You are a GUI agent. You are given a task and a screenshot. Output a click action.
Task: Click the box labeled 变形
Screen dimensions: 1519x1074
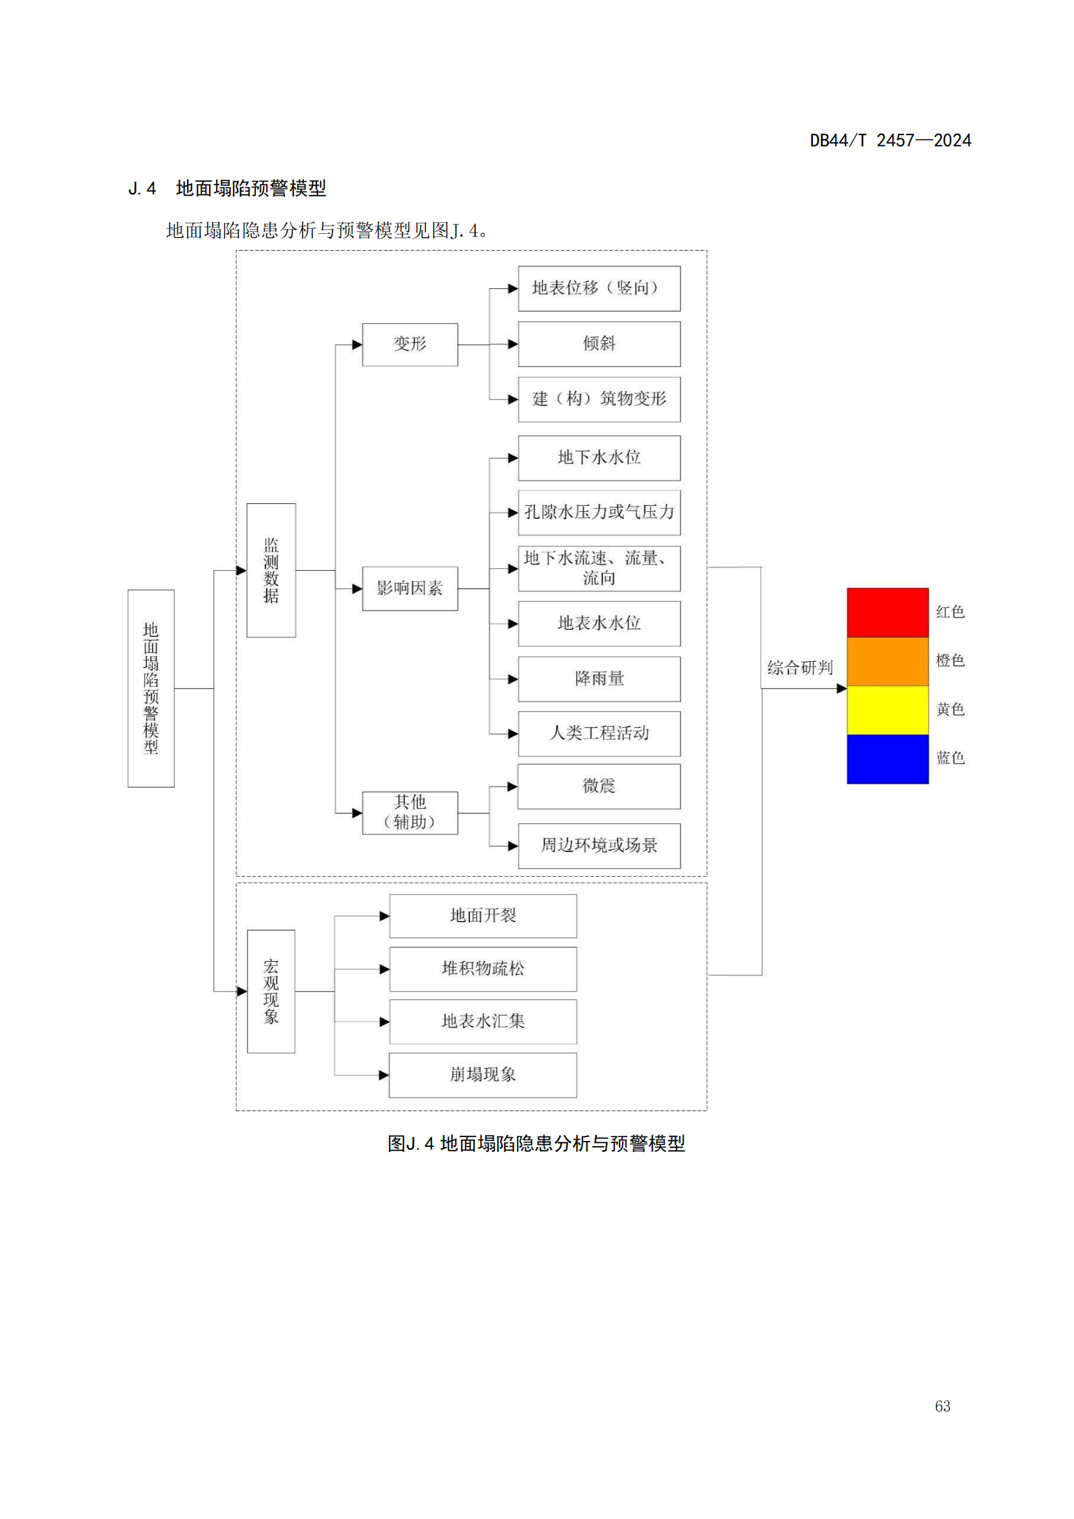click(409, 344)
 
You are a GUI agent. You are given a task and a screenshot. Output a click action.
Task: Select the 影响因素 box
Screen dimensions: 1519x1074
click(409, 588)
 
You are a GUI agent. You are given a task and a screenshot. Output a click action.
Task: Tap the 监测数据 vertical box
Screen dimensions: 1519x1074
click(271, 570)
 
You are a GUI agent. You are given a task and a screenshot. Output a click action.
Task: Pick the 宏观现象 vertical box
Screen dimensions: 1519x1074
click(271, 991)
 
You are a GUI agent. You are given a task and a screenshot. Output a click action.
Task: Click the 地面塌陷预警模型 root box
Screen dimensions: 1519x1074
click(151, 688)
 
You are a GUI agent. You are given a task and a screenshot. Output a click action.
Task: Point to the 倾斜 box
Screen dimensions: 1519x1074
click(599, 344)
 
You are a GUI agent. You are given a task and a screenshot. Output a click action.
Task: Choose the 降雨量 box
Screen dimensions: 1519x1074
click(599, 679)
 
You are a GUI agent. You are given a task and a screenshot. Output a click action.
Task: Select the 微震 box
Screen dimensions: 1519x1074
click(599, 786)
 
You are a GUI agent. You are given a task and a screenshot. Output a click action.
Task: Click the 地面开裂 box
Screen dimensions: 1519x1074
click(482, 916)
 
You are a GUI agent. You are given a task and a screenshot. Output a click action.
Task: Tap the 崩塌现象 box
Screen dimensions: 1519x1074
click(482, 1074)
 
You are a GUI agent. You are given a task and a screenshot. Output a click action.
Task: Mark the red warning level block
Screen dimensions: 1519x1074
click(888, 612)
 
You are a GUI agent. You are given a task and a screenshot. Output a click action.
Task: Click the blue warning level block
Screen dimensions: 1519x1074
click(888, 759)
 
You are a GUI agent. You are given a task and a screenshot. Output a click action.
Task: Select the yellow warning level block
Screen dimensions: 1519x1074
click(888, 710)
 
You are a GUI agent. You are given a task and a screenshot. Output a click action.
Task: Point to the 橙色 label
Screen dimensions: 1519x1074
click(950, 660)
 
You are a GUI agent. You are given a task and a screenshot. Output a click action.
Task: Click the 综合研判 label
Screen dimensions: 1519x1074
click(799, 668)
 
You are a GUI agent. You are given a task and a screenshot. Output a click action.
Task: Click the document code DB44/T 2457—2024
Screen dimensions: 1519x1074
click(890, 140)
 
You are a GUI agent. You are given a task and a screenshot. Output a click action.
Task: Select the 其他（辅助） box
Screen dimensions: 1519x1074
click(409, 812)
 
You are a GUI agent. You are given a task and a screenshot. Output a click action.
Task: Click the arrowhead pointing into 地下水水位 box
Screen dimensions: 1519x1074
click(512, 458)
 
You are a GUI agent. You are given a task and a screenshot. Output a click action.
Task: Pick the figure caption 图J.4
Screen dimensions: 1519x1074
click(536, 1143)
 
